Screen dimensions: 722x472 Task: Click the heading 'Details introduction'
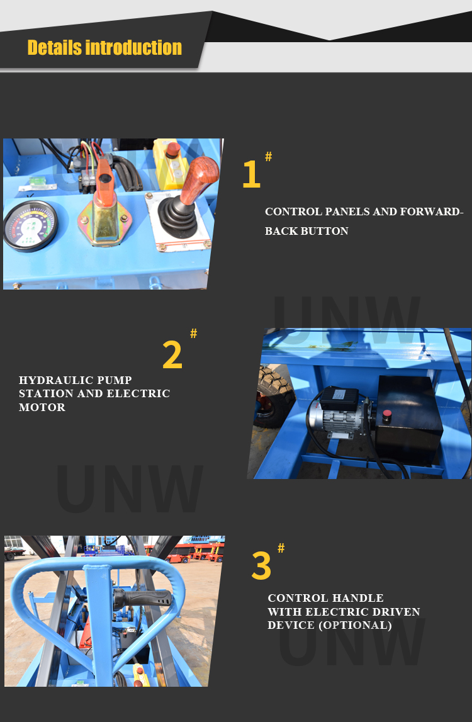click(104, 48)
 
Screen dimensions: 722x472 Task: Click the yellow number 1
click(251, 174)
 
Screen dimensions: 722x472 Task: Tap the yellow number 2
click(172, 355)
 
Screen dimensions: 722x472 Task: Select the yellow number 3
click(261, 566)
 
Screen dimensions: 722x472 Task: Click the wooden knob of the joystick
click(199, 178)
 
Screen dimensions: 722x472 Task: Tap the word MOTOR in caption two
click(42, 407)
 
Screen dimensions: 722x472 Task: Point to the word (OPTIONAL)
click(356, 625)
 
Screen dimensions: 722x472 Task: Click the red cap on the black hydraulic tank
click(387, 414)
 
